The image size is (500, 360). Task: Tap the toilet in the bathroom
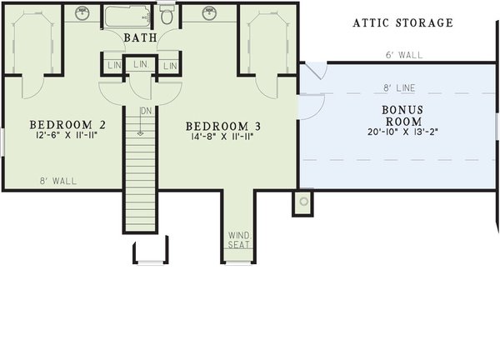(167, 14)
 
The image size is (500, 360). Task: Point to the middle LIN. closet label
(140, 64)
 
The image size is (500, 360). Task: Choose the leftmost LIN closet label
(112, 66)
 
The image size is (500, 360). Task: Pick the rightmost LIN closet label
(170, 66)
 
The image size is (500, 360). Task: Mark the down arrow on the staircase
(141, 127)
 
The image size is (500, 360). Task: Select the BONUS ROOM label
(402, 115)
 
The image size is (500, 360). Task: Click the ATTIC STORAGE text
(402, 23)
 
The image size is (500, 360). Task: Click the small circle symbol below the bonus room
(302, 202)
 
